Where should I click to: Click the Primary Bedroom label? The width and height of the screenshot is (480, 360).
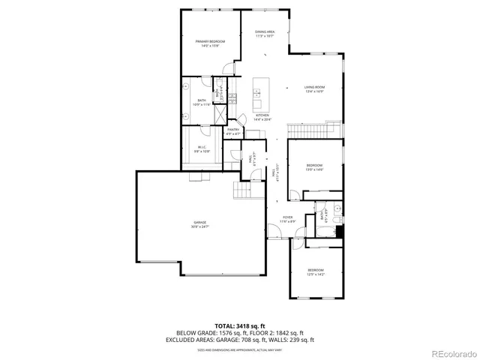click(x=211, y=43)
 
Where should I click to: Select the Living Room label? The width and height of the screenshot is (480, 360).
click(x=313, y=89)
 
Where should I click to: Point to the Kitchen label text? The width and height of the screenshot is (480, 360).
click(x=261, y=116)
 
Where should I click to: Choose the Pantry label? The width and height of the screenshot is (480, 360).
click(x=233, y=131)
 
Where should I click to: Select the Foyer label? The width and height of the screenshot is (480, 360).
click(x=287, y=220)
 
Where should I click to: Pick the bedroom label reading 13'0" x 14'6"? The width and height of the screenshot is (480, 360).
click(x=314, y=167)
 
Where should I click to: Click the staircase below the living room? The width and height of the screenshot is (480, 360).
click(x=314, y=131)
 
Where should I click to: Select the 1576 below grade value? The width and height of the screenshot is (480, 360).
click(x=225, y=333)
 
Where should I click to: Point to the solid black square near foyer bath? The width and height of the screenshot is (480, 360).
click(x=338, y=232)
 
